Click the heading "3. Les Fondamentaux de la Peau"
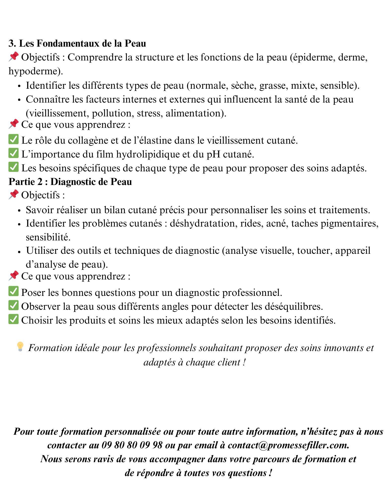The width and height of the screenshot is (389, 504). click(77, 44)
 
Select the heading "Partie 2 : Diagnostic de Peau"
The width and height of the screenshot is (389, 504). click(70, 182)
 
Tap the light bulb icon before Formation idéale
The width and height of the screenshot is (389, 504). click(20, 347)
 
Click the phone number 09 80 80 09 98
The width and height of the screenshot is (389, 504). click(132, 445)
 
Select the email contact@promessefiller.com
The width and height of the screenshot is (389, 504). click(288, 445)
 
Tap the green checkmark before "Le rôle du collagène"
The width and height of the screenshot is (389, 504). click(13, 139)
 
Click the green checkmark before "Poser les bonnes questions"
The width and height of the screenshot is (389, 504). click(13, 291)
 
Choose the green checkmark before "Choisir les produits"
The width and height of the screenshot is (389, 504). click(13, 319)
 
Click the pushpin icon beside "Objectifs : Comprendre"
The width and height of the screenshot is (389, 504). click(13, 57)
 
